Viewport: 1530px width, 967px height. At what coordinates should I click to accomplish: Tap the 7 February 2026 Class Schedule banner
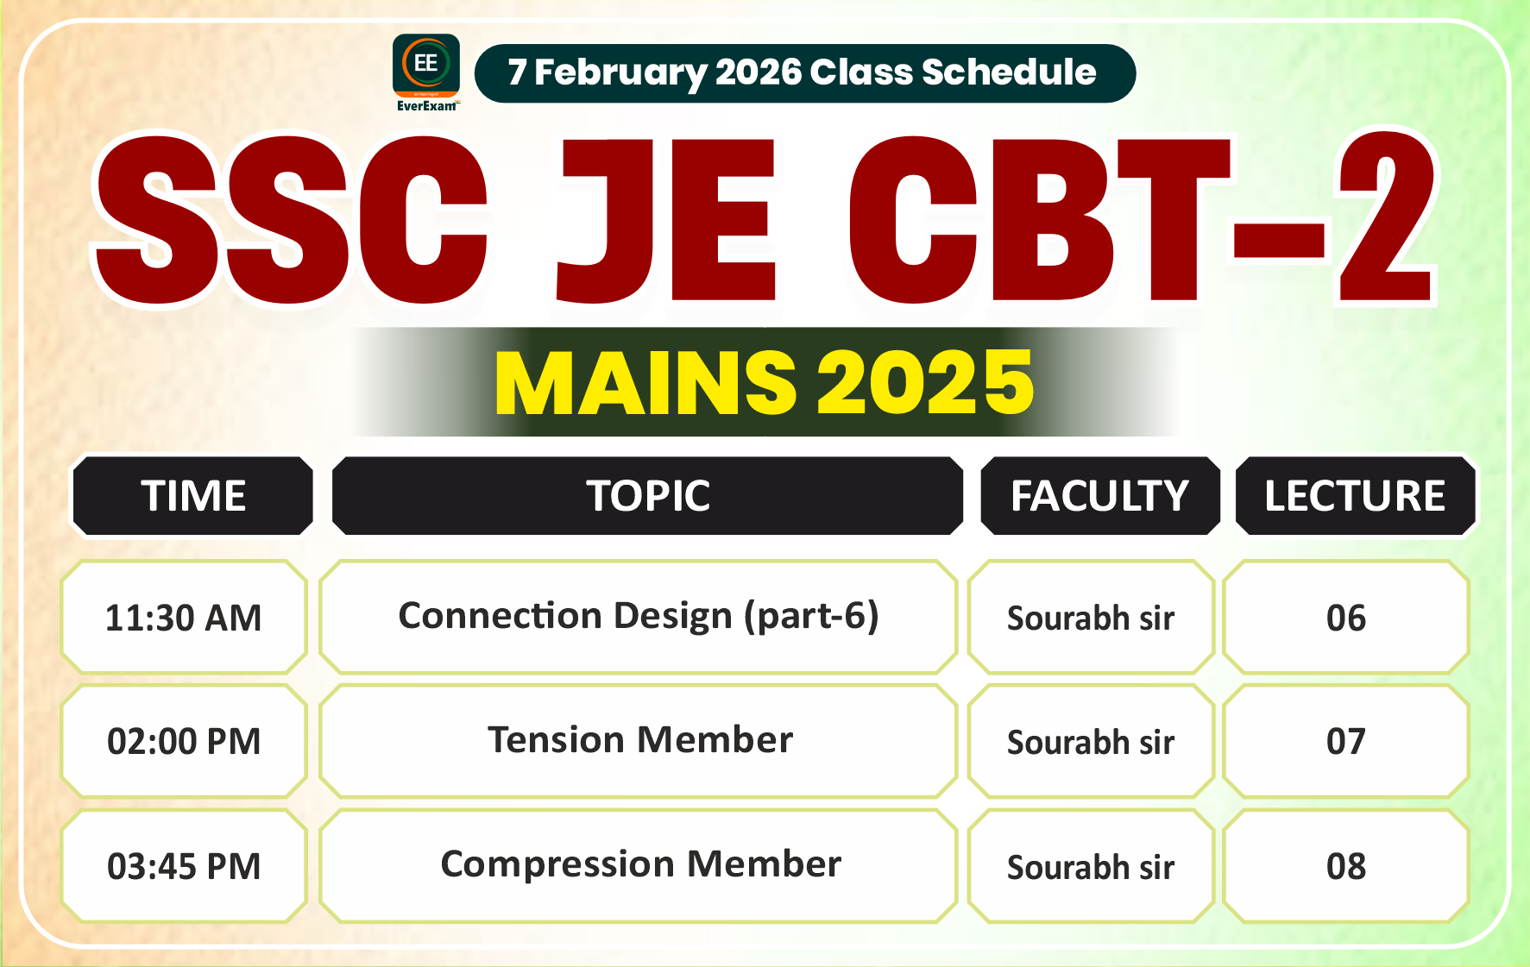coord(804,73)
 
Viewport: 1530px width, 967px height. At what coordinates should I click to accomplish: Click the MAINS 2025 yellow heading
coord(765,382)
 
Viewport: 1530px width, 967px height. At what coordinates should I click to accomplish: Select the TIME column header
coord(193,496)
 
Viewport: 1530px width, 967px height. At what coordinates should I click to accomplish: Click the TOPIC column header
coord(648,496)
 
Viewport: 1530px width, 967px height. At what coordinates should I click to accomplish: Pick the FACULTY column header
coord(1100,496)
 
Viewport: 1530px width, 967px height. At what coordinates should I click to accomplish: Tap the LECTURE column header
coord(1355,496)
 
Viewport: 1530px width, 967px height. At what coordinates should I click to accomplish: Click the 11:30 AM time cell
coord(184,618)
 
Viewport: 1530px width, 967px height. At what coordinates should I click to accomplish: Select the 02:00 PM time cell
coord(184,742)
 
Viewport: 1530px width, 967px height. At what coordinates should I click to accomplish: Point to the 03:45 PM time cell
coord(184,866)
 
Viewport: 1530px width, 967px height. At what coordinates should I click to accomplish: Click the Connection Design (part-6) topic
coord(639,616)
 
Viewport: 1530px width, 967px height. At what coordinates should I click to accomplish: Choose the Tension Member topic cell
coord(639,740)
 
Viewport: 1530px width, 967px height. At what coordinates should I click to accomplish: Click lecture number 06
coord(1346,618)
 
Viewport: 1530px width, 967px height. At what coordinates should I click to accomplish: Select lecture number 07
coord(1346,742)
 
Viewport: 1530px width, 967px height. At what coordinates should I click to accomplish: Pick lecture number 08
coord(1346,866)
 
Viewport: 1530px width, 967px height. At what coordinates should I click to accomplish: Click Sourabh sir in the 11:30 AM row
coord(1091,618)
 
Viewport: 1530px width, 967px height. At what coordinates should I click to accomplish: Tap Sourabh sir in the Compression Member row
coord(1091,866)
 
